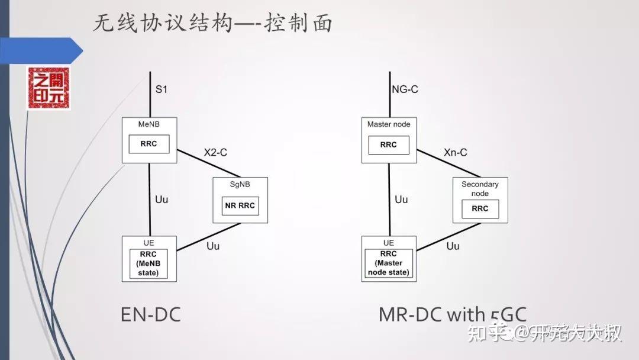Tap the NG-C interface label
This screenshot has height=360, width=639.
tap(405, 90)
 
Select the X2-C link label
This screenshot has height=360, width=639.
tap(215, 152)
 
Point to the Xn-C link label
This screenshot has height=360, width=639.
tap(456, 152)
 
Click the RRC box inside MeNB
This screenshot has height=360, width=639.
tap(149, 144)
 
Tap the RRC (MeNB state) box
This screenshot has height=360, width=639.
tap(149, 263)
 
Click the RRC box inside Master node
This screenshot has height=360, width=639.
tap(389, 144)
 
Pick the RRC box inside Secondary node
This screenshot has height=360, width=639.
tap(480, 208)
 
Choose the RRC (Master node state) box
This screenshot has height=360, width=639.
tap(389, 263)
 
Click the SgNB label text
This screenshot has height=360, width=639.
tap(240, 184)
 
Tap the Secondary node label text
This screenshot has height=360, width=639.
tap(480, 189)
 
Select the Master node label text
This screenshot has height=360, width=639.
tap(389, 124)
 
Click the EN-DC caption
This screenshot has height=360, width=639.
tap(151, 314)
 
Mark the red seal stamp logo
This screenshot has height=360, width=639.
tap(48, 88)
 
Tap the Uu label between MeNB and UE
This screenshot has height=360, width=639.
tap(162, 200)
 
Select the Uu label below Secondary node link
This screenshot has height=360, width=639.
tap(453, 245)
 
